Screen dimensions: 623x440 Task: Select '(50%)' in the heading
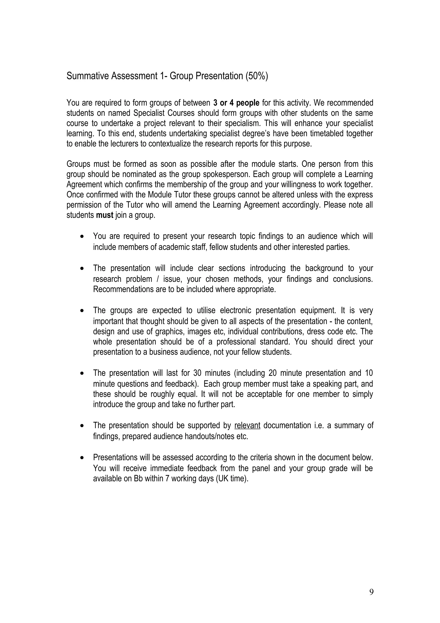[x=257, y=76]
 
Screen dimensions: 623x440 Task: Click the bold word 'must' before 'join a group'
[x=105, y=215]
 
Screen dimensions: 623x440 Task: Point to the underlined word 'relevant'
[x=247, y=425]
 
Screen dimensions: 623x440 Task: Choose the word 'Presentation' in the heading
[x=220, y=76]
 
